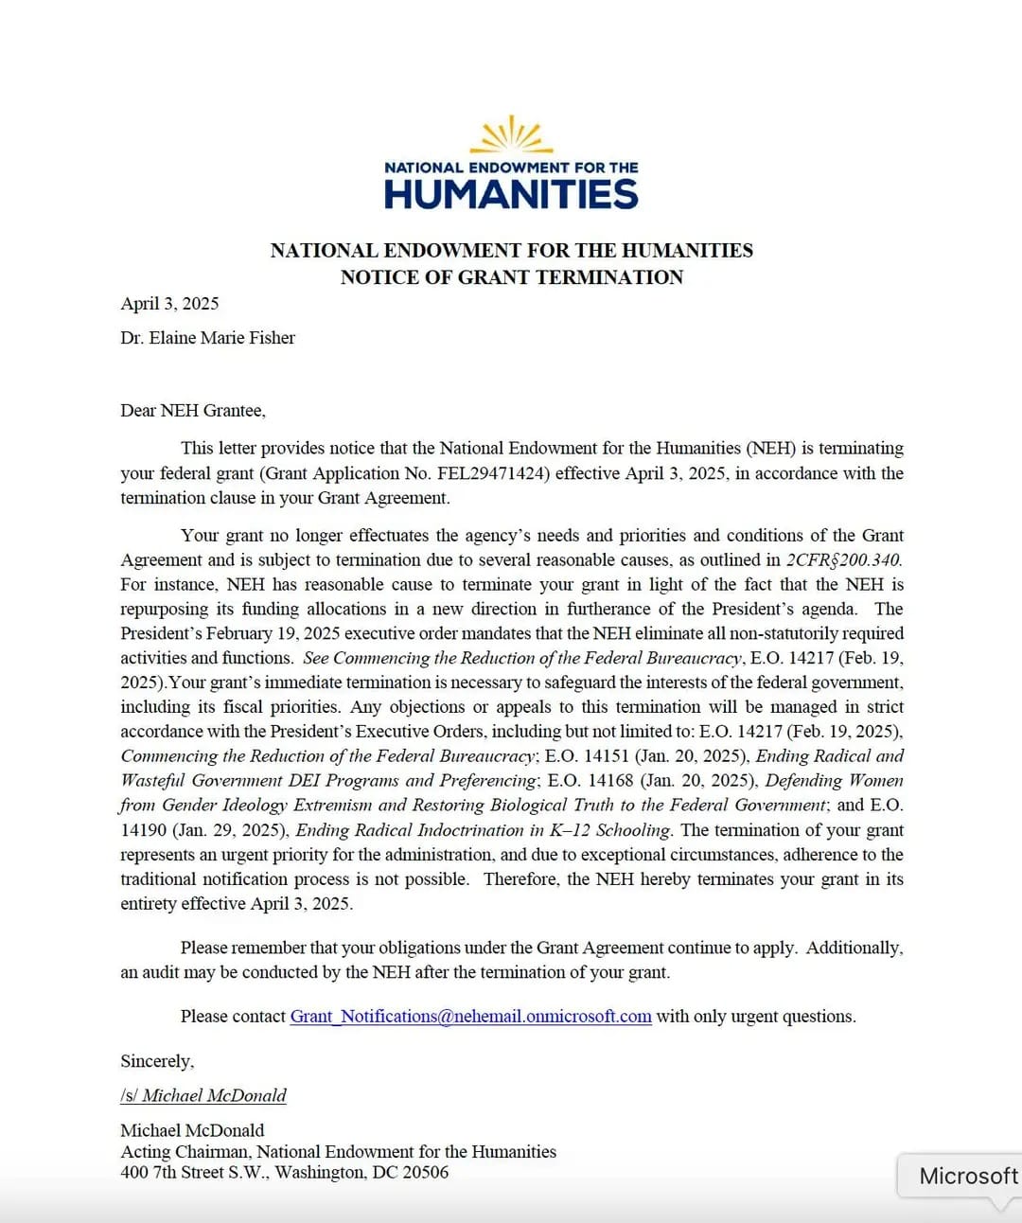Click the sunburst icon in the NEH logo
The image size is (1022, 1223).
click(x=511, y=135)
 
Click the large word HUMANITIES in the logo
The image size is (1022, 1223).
click(x=511, y=194)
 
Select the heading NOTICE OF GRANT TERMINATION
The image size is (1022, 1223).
click(x=511, y=277)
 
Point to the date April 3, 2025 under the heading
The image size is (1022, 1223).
click(x=169, y=303)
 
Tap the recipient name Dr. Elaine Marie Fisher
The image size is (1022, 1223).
click(x=207, y=338)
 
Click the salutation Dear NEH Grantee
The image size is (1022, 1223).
click(x=193, y=411)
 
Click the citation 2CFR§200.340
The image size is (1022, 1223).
click(x=843, y=560)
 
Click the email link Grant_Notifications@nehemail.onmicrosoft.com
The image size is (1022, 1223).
click(x=470, y=1017)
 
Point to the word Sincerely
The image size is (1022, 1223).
click(x=157, y=1062)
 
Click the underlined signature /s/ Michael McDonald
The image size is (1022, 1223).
click(x=203, y=1096)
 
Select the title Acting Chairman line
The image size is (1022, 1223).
click(x=338, y=1152)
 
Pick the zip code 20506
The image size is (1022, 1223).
click(x=425, y=1173)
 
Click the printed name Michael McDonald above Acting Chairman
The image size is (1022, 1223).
click(x=192, y=1130)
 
